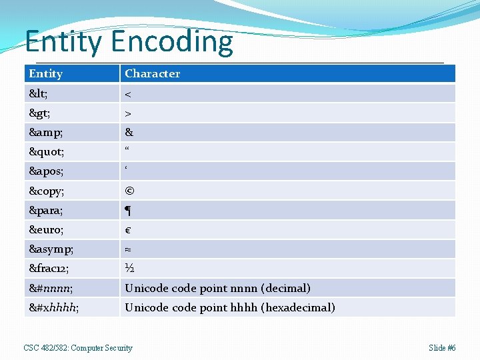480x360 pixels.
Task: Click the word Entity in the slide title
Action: pos(65,41)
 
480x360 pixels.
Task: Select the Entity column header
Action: pos(45,73)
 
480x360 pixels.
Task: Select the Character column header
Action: pos(152,73)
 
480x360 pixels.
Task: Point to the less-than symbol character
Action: pos(129,94)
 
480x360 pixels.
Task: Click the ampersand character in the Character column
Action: pos(129,133)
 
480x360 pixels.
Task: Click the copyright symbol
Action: pos(129,191)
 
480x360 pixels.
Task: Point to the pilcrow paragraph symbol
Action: pos(128,211)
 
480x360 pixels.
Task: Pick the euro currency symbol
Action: pos(128,231)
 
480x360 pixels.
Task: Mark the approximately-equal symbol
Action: pos(128,250)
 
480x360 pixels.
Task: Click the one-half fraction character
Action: pos(129,269)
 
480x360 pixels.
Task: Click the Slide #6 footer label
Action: pos(442,348)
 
